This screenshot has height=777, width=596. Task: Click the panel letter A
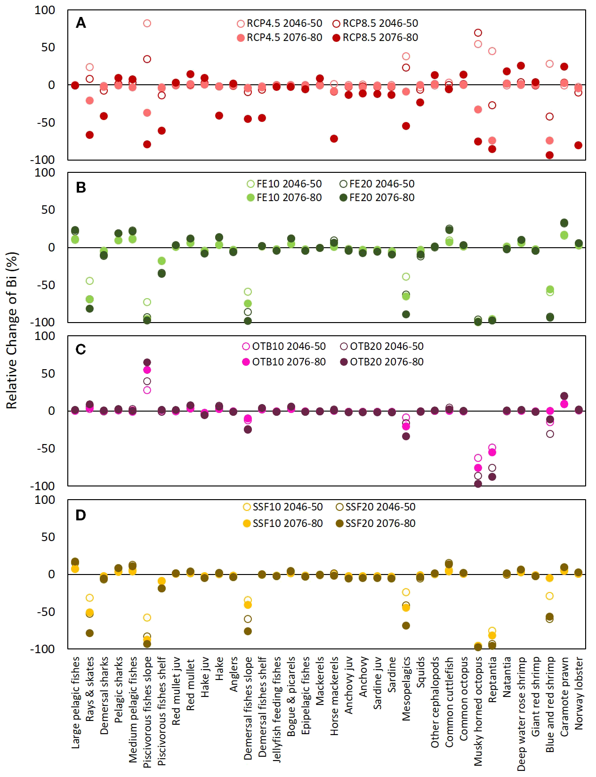(81, 23)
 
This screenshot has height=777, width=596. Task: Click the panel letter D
(81, 515)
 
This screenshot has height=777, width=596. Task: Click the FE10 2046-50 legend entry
(284, 184)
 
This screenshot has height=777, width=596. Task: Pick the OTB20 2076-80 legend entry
(382, 362)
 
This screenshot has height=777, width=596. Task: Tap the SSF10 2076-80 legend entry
(283, 524)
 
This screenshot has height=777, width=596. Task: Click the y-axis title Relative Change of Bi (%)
(12, 330)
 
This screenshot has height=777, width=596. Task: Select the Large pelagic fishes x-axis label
(75, 702)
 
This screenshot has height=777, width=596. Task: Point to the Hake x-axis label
(219, 669)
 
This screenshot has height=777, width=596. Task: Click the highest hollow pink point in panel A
(147, 24)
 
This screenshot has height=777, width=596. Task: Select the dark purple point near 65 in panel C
(147, 363)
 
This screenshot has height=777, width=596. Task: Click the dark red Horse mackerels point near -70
(334, 139)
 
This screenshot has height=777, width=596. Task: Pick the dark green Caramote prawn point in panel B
(564, 223)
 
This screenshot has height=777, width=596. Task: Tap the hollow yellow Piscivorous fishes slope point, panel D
(147, 617)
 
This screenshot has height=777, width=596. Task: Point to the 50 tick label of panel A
(48, 48)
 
